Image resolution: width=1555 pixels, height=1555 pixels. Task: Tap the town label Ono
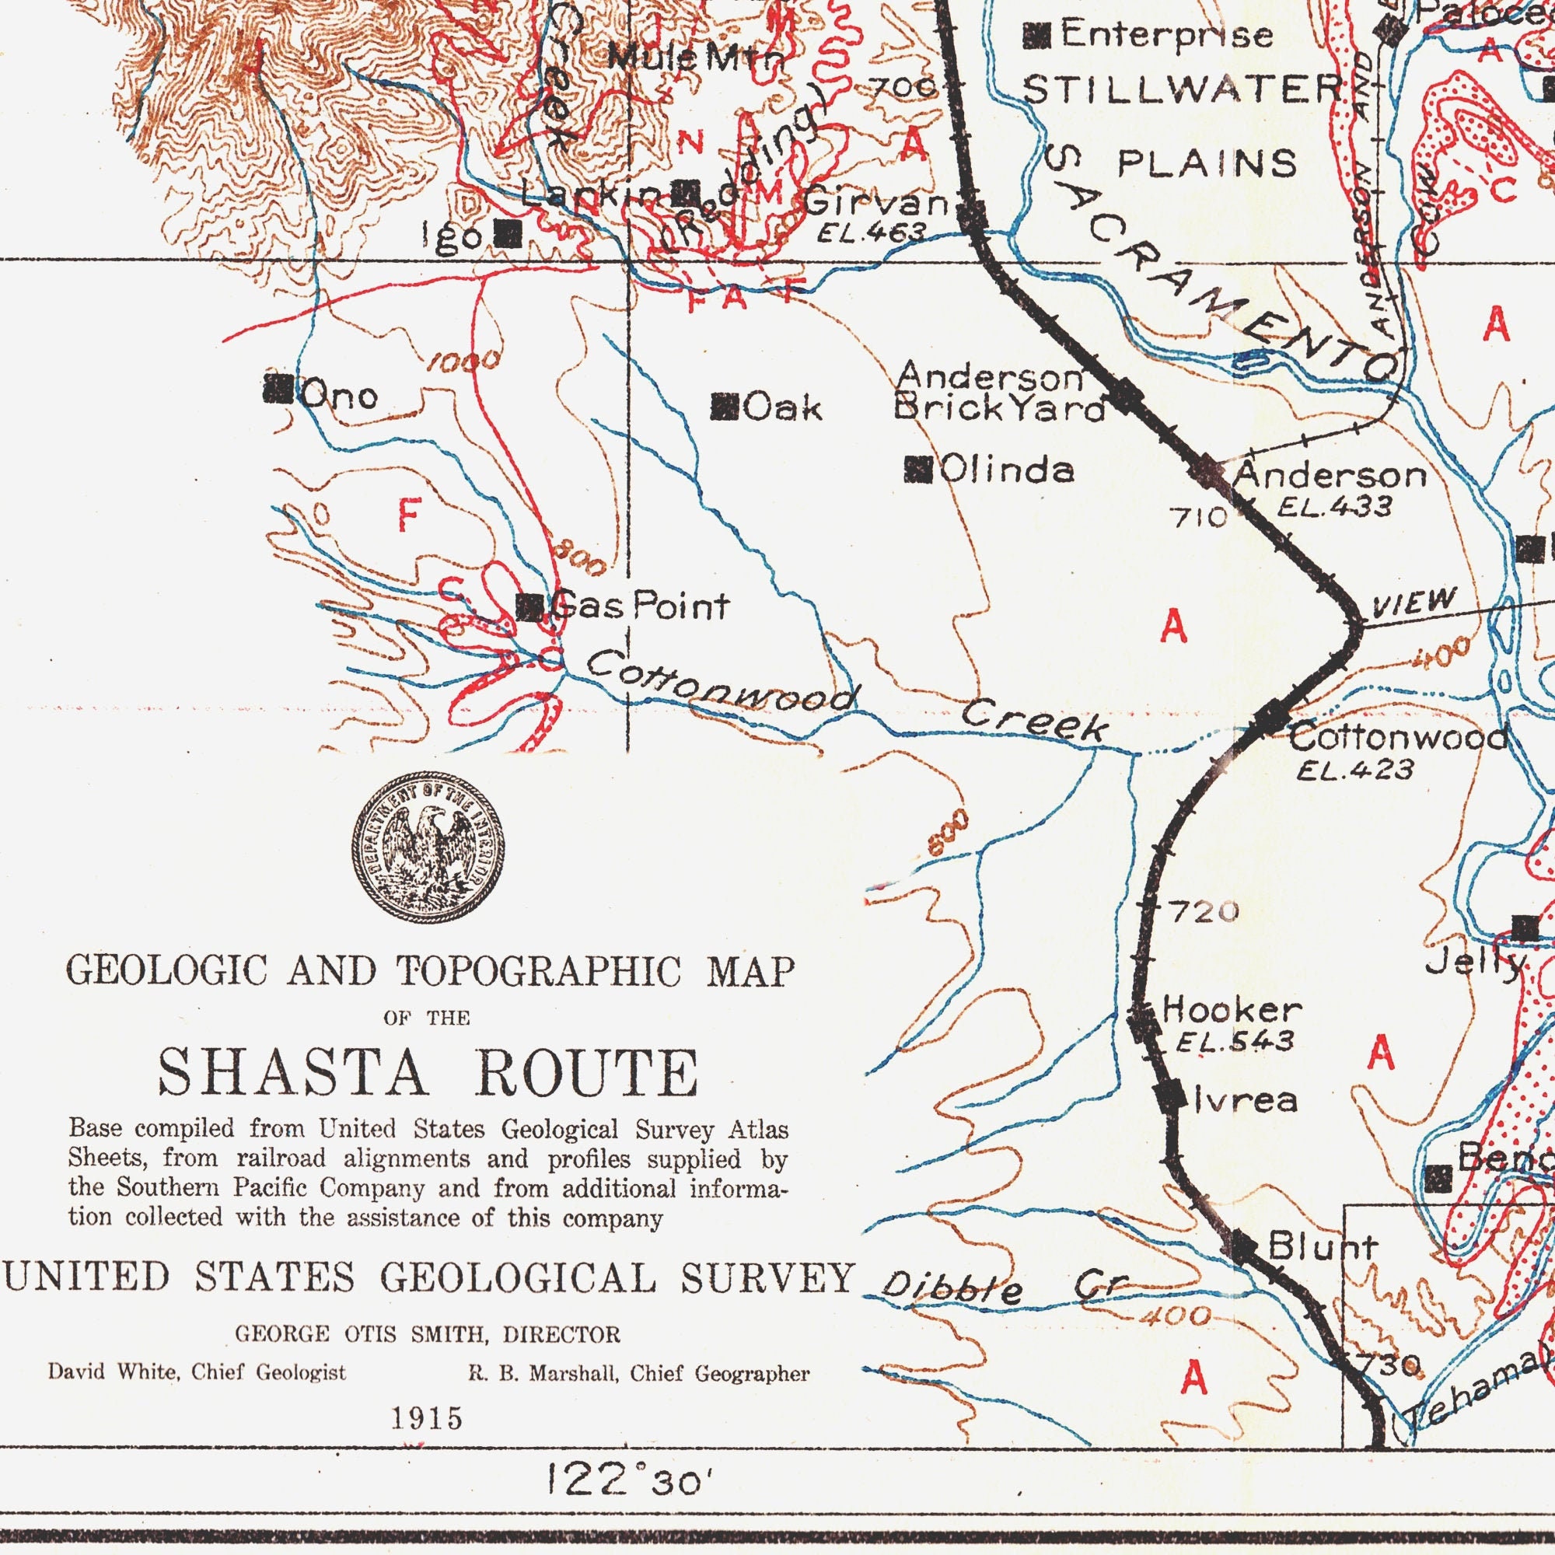(x=338, y=395)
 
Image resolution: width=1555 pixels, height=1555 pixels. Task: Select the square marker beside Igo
(x=508, y=234)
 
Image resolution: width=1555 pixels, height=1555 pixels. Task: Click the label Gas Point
(x=640, y=605)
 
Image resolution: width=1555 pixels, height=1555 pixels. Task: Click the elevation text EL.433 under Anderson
(x=1333, y=506)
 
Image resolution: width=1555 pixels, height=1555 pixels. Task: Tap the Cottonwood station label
(x=1398, y=736)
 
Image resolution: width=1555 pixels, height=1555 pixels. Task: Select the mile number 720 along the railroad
(x=1204, y=912)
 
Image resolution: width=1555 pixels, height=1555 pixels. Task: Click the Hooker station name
(x=1232, y=1008)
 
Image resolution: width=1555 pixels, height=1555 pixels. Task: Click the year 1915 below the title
(x=428, y=1418)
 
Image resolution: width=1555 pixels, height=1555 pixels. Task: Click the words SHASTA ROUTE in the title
(x=428, y=1073)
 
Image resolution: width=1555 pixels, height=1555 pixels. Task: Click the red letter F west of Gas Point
(x=409, y=516)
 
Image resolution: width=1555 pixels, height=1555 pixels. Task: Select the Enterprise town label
(x=1165, y=35)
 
